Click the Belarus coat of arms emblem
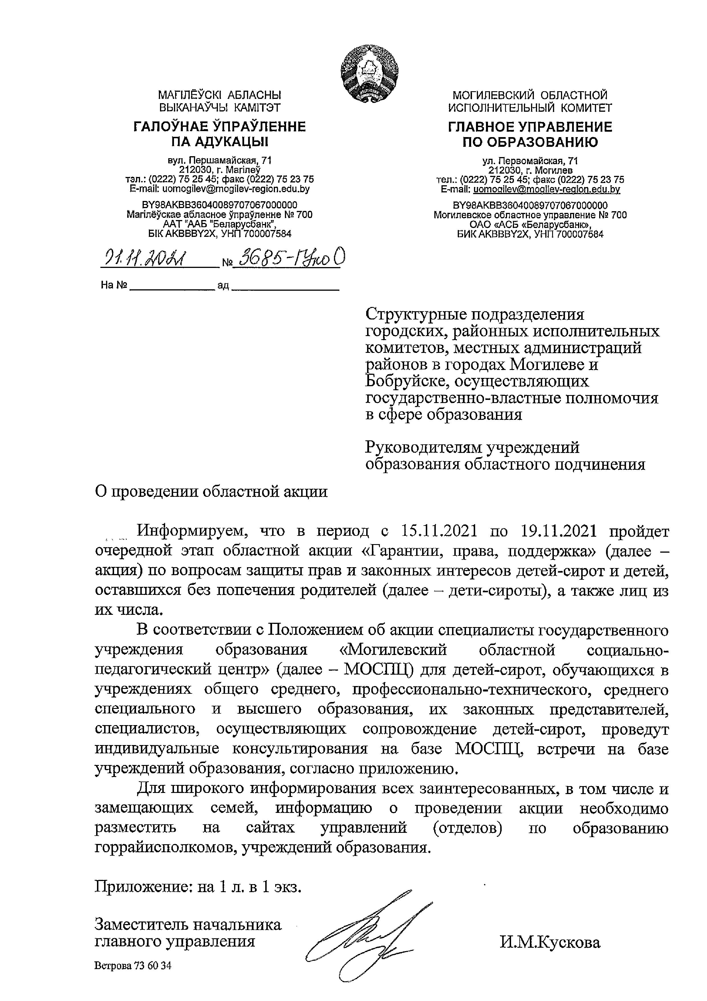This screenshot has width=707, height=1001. coord(370,75)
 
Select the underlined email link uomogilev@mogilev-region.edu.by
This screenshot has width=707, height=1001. coord(546,189)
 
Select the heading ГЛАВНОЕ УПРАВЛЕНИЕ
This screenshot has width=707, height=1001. coord(530,127)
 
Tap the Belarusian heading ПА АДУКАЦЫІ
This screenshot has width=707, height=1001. coord(219,142)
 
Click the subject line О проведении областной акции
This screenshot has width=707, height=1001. coord(211,492)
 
